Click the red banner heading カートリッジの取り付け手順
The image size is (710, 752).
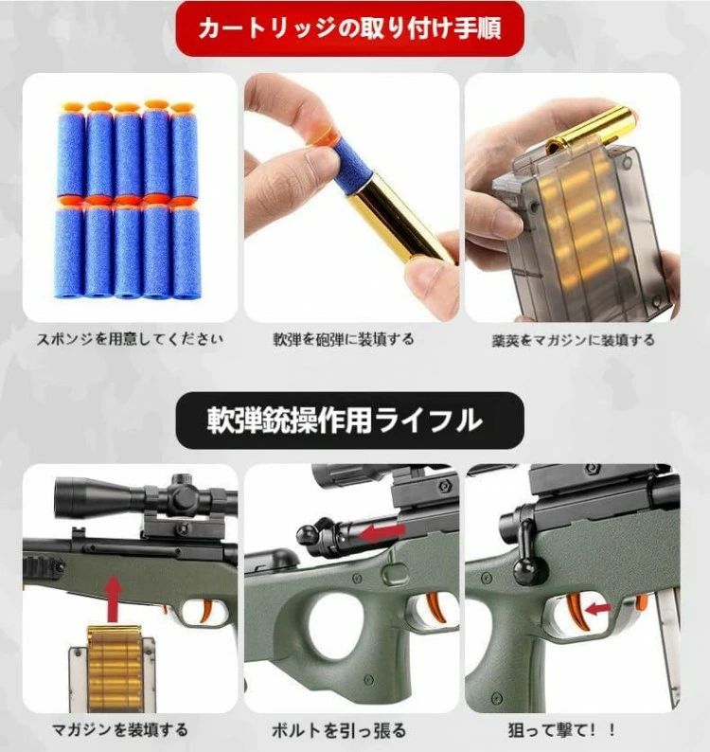349,28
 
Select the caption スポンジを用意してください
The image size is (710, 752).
130,339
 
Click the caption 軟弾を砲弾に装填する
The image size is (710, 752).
344,339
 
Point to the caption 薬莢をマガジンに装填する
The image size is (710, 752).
573,340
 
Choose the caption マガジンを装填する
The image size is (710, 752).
120,730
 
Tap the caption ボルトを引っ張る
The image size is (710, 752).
339,730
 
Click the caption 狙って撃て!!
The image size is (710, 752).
562,730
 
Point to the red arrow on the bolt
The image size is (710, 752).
382,532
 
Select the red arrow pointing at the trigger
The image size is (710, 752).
598,609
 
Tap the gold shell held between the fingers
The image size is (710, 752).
400,218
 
